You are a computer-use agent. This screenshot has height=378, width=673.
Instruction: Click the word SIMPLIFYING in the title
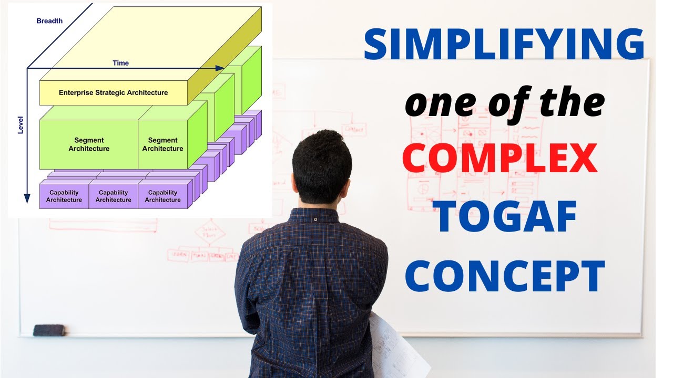click(504, 45)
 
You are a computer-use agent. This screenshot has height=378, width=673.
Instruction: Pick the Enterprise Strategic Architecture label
click(113, 93)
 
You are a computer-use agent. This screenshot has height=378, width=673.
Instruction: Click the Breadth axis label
click(49, 21)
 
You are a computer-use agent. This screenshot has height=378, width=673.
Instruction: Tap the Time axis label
click(120, 63)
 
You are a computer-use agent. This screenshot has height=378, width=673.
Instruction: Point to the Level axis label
click(21, 125)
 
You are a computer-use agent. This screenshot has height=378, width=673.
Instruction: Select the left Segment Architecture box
click(89, 144)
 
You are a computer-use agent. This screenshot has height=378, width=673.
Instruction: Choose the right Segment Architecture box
click(162, 144)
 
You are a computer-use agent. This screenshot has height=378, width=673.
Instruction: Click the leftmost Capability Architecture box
click(64, 196)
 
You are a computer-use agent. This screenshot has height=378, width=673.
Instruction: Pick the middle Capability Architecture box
click(114, 196)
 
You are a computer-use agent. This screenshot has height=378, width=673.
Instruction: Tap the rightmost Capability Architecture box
click(163, 196)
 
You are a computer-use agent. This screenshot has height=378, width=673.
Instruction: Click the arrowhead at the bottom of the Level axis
click(27, 198)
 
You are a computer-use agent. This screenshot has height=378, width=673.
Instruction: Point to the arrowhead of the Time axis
click(220, 68)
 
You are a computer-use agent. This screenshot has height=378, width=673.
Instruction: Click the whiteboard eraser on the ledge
click(49, 330)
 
